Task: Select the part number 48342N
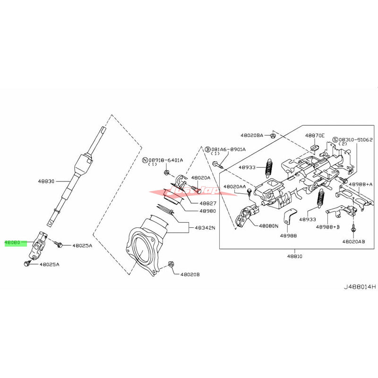coord(205,228)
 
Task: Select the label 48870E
coord(315,135)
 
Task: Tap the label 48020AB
coord(354,241)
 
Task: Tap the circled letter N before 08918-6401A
coord(145,160)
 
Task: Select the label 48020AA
coord(235,187)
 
